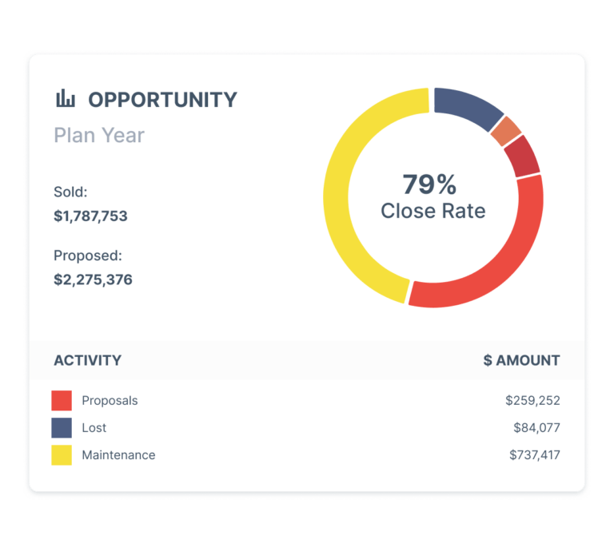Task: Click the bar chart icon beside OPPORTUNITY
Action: [x=66, y=99]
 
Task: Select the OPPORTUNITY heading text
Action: [x=162, y=100]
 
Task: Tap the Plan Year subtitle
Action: [x=99, y=135]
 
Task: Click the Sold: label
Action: [x=70, y=192]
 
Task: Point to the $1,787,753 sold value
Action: [x=90, y=216]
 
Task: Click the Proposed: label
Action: [x=88, y=256]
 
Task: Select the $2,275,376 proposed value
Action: [x=93, y=279]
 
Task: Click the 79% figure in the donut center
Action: [x=429, y=184]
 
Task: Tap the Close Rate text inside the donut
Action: [x=433, y=211]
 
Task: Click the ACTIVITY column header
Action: [x=87, y=360]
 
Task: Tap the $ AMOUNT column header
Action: [x=521, y=360]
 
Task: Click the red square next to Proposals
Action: [x=62, y=400]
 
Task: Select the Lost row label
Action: [x=94, y=428]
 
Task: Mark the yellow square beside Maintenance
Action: [x=62, y=455]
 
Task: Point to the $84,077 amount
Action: [x=536, y=428]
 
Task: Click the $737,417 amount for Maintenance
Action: [x=534, y=455]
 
